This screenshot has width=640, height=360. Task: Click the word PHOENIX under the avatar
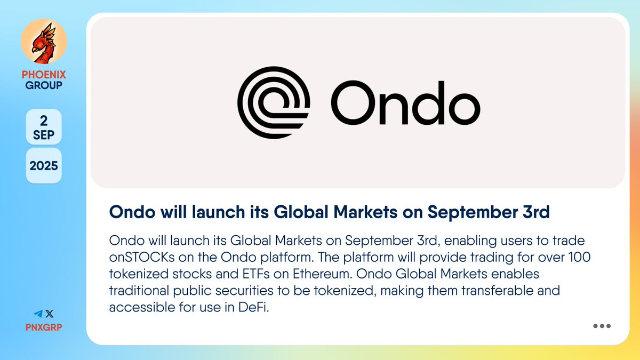click(44, 75)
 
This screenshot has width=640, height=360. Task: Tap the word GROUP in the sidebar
click(44, 85)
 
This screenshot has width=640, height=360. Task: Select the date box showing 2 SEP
click(44, 127)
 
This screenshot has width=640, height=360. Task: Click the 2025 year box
click(44, 166)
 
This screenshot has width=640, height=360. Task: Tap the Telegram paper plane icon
click(38, 314)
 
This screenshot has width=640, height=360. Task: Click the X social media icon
click(50, 314)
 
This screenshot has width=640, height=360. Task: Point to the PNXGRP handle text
click(44, 326)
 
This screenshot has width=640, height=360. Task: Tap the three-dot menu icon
click(602, 326)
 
